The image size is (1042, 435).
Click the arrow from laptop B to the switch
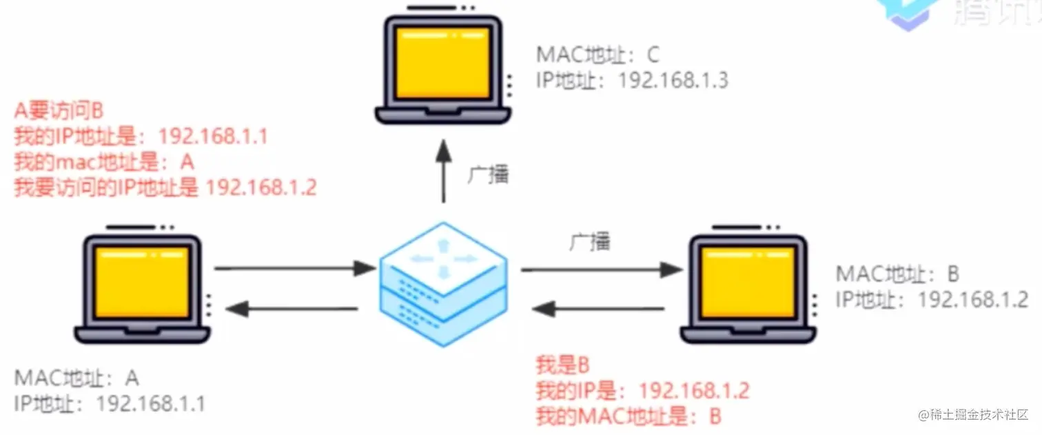[x=600, y=310]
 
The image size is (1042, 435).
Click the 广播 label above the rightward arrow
[x=590, y=242]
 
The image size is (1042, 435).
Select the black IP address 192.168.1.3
[x=673, y=81]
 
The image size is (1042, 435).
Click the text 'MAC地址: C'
[x=598, y=54]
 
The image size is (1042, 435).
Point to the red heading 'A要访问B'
[x=59, y=111]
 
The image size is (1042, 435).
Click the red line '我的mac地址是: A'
[x=104, y=162]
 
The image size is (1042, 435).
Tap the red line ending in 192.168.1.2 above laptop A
[x=165, y=187]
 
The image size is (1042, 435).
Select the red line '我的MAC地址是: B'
[x=629, y=416]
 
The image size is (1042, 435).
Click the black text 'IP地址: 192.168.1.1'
[x=109, y=403]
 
